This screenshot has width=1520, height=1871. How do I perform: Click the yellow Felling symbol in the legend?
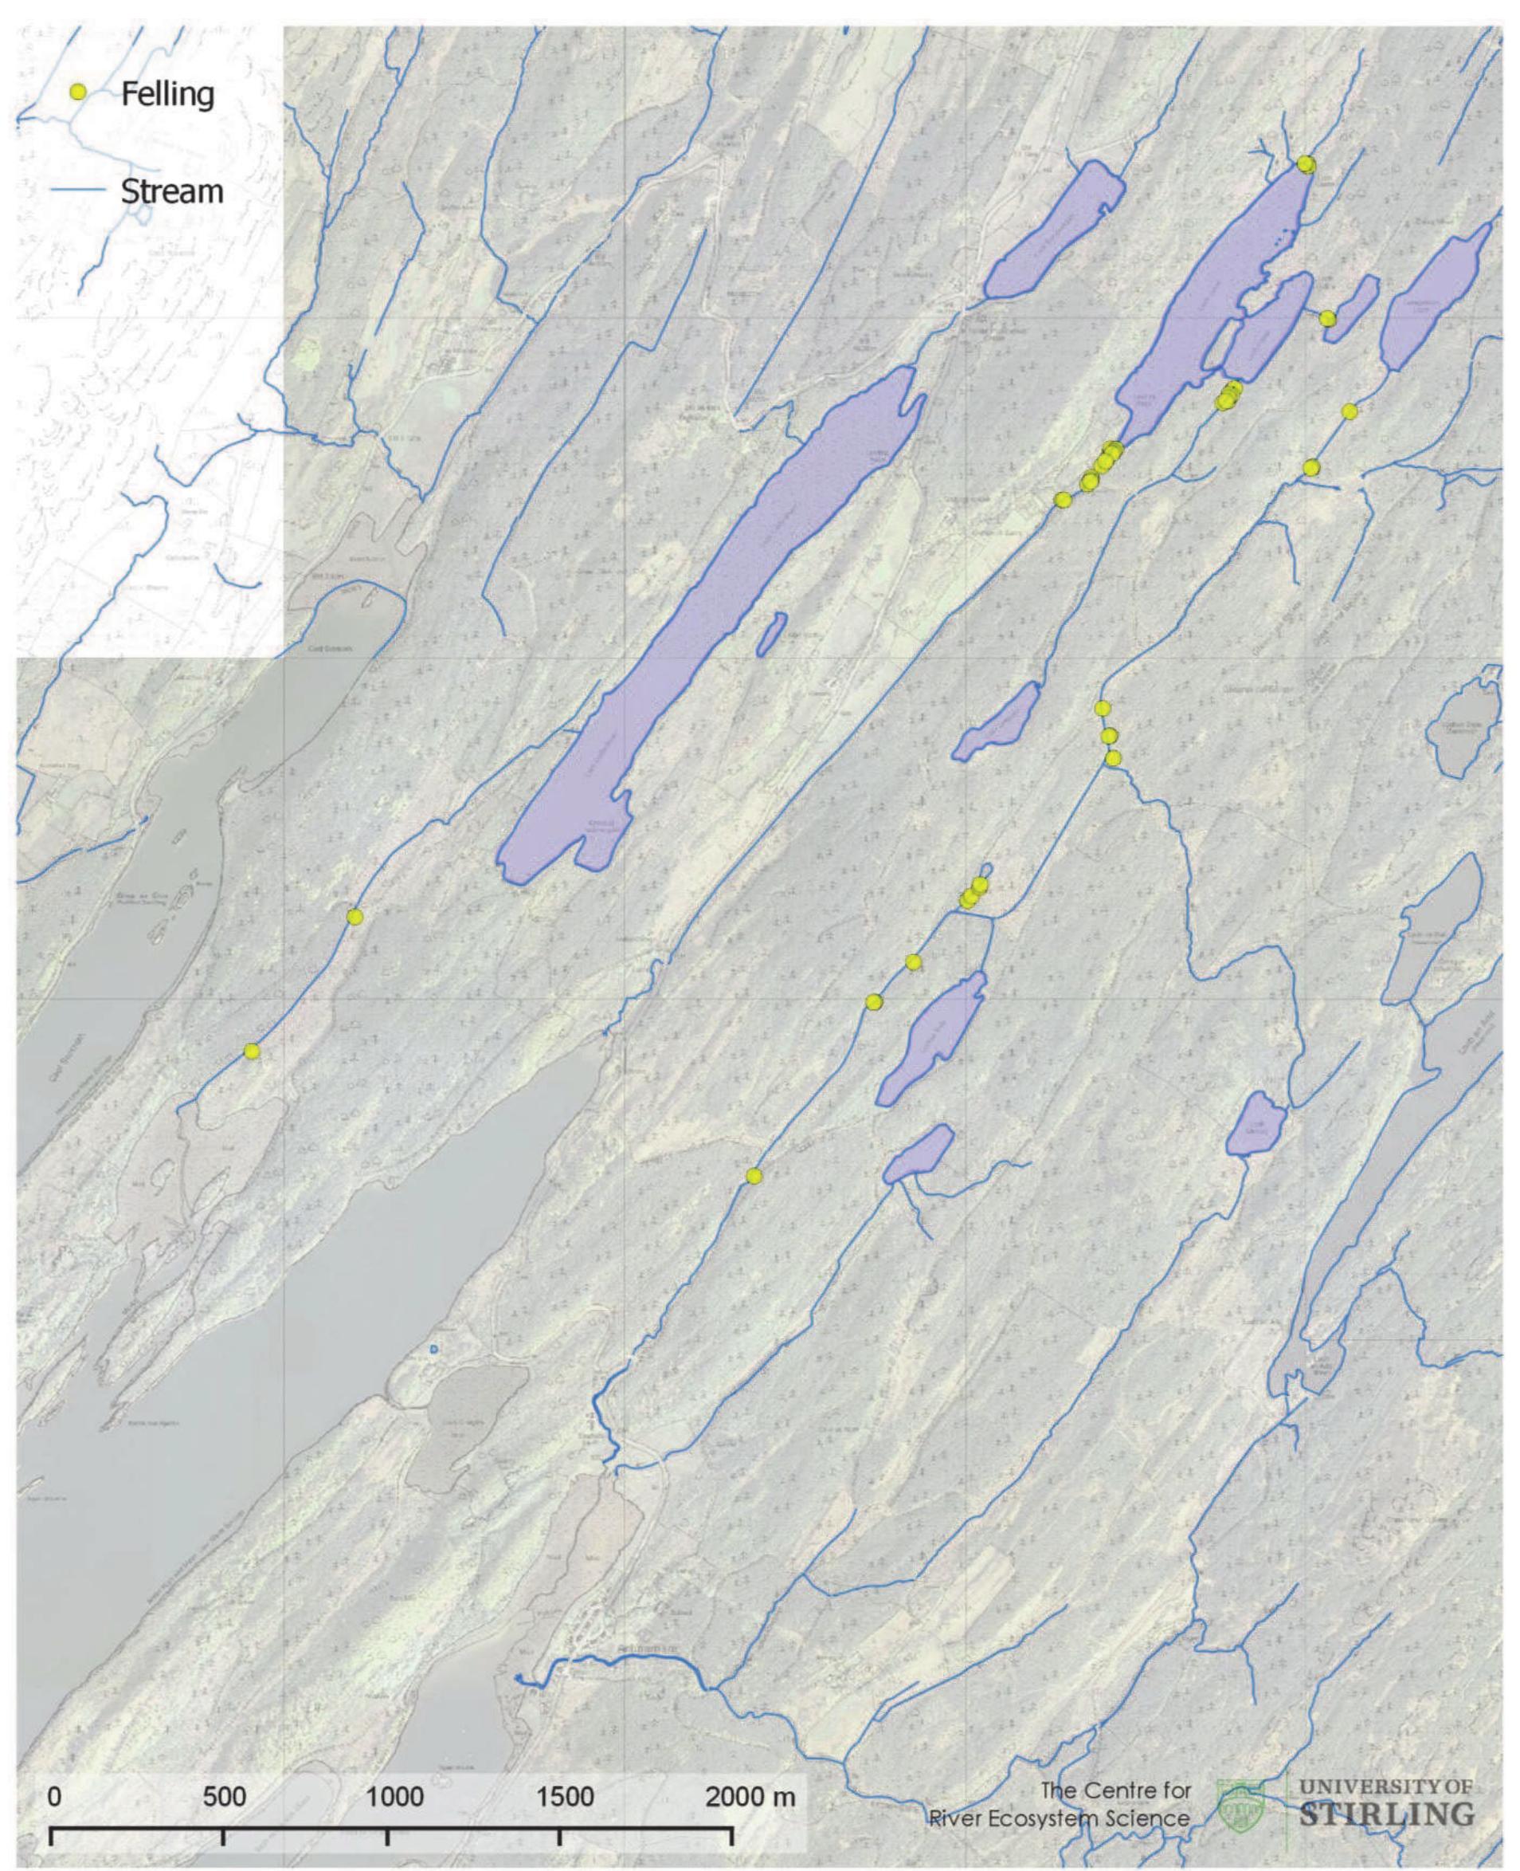(x=78, y=92)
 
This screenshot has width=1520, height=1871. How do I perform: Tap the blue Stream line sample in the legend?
(x=78, y=190)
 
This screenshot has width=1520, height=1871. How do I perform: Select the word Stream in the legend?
(x=171, y=191)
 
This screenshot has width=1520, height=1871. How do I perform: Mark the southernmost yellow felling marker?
(x=754, y=1176)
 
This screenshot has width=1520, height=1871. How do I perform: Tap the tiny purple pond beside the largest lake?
(x=771, y=633)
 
